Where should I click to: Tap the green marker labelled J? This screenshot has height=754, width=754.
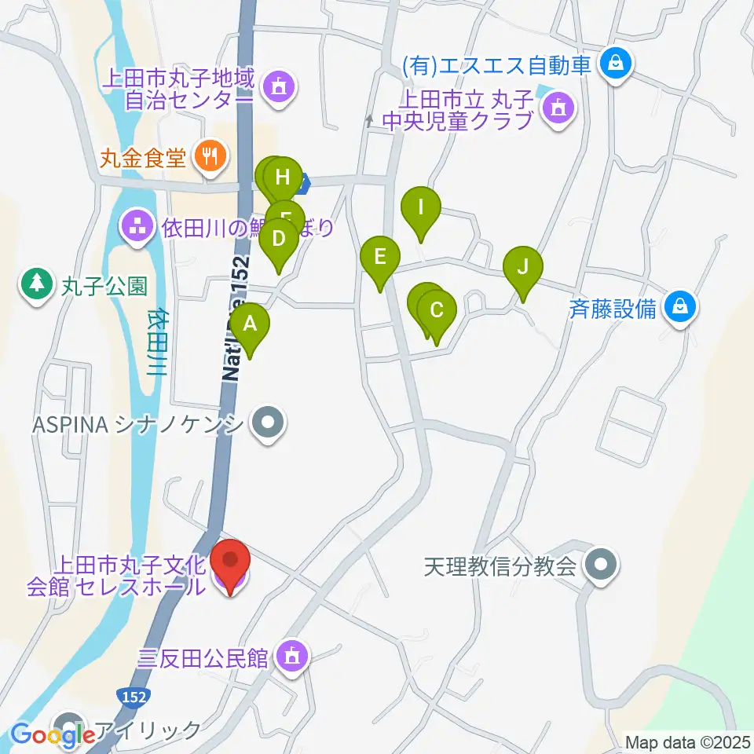click(522, 266)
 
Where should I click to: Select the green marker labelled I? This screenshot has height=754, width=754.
click(420, 209)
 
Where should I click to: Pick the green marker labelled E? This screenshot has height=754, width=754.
click(380, 257)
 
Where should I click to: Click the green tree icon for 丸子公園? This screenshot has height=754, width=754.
click(35, 283)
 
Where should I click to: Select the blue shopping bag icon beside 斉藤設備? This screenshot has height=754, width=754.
click(679, 307)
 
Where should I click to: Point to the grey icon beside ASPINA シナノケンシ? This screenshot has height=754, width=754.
click(268, 424)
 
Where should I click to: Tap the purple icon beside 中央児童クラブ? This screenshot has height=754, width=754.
click(558, 107)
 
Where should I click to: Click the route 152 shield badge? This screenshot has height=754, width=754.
click(134, 696)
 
